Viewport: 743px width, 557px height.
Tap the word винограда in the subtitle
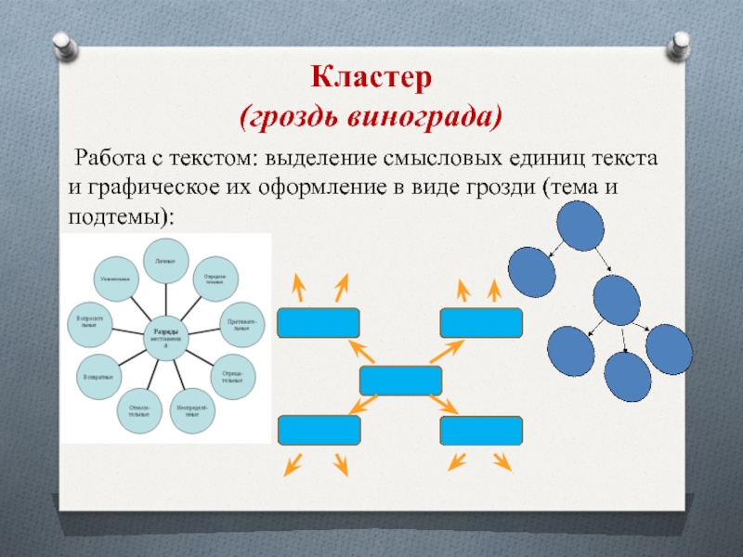tap(426, 118)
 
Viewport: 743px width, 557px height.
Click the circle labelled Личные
tap(166, 261)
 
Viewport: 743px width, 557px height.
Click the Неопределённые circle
tap(193, 408)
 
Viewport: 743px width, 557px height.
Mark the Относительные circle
tap(139, 408)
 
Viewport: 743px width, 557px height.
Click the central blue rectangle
tap(400, 381)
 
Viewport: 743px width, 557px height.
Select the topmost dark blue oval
tap(580, 225)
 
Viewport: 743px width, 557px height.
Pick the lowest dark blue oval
tap(628, 375)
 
